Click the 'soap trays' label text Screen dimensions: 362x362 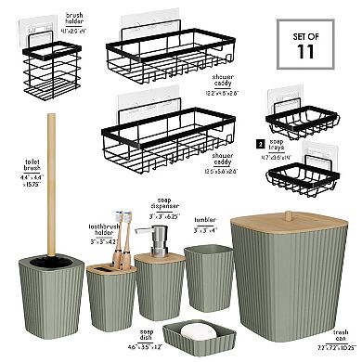coord(281,144)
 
